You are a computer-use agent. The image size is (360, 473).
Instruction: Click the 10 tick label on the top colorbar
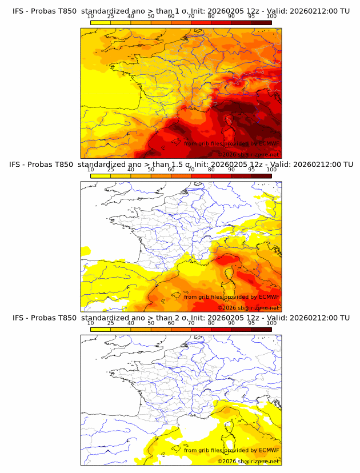pos(90,16)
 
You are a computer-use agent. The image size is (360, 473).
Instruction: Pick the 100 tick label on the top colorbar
pos(271,16)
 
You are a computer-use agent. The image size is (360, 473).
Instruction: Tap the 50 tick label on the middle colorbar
pos(151,169)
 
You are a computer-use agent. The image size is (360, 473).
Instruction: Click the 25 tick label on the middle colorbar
pos(110,169)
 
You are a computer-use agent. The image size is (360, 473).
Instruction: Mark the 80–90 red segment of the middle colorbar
pos(221,176)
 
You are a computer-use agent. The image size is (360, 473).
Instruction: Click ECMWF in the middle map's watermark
pos(269,297)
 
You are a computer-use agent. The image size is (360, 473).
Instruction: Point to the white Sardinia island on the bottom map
pos(229,443)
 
